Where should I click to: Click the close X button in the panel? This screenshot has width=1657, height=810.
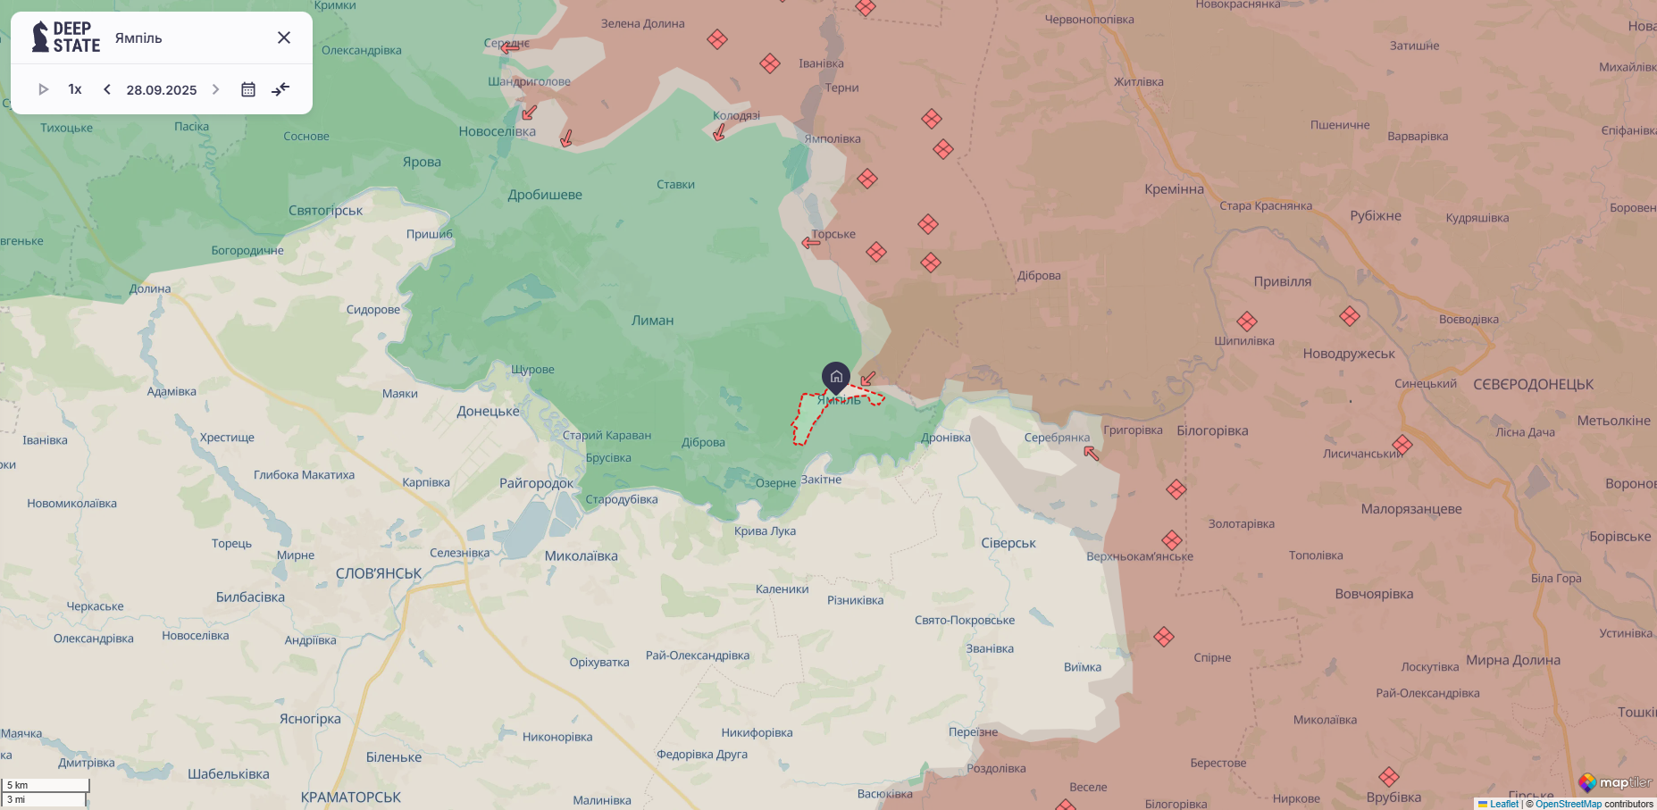[x=284, y=38]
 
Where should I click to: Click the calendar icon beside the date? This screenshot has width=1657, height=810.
[x=248, y=89]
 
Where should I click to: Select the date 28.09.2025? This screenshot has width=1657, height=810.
[x=162, y=90]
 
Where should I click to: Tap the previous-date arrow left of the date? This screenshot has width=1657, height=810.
[x=107, y=89]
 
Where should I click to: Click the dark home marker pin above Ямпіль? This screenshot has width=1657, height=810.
[x=836, y=377]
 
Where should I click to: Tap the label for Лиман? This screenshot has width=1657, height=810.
[x=652, y=321]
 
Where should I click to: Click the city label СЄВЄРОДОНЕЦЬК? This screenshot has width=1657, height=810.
[x=1533, y=385]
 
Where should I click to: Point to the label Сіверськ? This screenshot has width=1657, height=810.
[x=1008, y=543]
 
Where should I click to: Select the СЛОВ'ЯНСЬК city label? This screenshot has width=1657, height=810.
[x=379, y=573]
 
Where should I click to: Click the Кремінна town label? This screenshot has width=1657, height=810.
[x=1174, y=189]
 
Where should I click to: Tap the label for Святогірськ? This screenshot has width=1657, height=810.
[x=325, y=211]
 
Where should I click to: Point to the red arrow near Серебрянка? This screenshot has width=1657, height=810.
[x=1092, y=453]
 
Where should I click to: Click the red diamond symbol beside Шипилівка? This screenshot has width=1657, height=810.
[x=1247, y=321]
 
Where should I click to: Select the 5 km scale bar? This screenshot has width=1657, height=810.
[x=45, y=786]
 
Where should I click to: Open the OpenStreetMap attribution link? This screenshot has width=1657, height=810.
[x=1569, y=804]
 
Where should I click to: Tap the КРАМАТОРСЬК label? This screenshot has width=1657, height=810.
[x=350, y=797]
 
